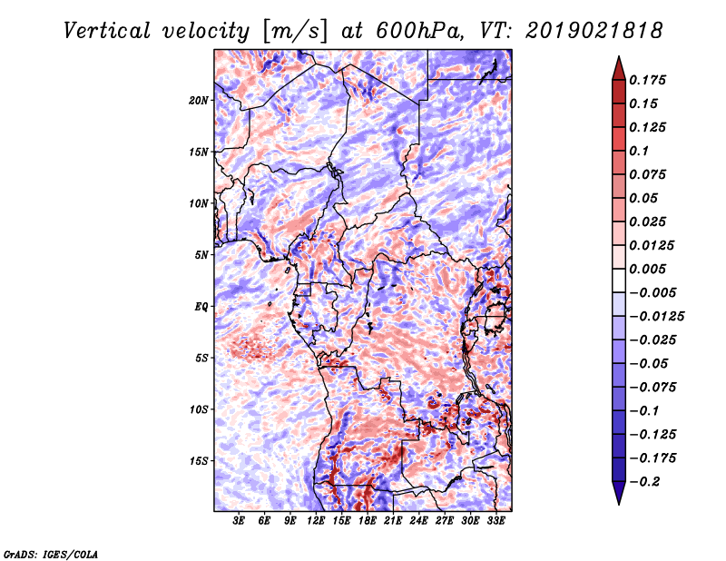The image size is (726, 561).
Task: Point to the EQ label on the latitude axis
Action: (x=201, y=307)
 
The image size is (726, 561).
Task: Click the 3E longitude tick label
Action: (x=240, y=521)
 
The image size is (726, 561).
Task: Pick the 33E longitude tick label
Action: (x=496, y=521)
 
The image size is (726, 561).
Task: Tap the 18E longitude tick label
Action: (x=368, y=521)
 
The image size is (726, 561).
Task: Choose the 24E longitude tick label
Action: (x=419, y=521)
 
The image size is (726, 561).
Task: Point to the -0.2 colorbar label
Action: (x=648, y=482)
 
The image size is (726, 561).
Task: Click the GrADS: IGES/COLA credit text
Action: (x=50, y=553)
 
